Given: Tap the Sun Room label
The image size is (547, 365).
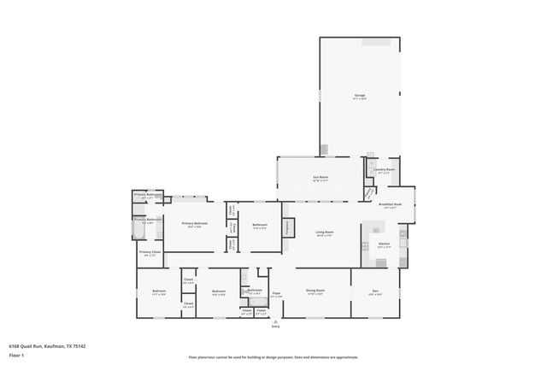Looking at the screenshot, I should click(x=320, y=179).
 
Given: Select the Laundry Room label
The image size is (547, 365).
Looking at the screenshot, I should click(x=383, y=169).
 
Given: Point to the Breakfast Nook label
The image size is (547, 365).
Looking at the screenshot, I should click(x=390, y=204).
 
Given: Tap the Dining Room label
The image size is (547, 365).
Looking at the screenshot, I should click(x=315, y=291).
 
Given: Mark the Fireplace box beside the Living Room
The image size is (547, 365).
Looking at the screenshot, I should click(x=289, y=227).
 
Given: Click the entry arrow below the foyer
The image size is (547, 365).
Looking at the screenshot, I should click(x=275, y=321).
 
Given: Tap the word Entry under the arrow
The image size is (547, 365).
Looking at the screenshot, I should click(x=275, y=327).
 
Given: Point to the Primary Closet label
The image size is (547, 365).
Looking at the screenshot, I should click(x=149, y=252).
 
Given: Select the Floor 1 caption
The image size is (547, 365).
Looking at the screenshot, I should click(x=16, y=354).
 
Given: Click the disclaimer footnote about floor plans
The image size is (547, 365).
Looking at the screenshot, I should click(x=274, y=357).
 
